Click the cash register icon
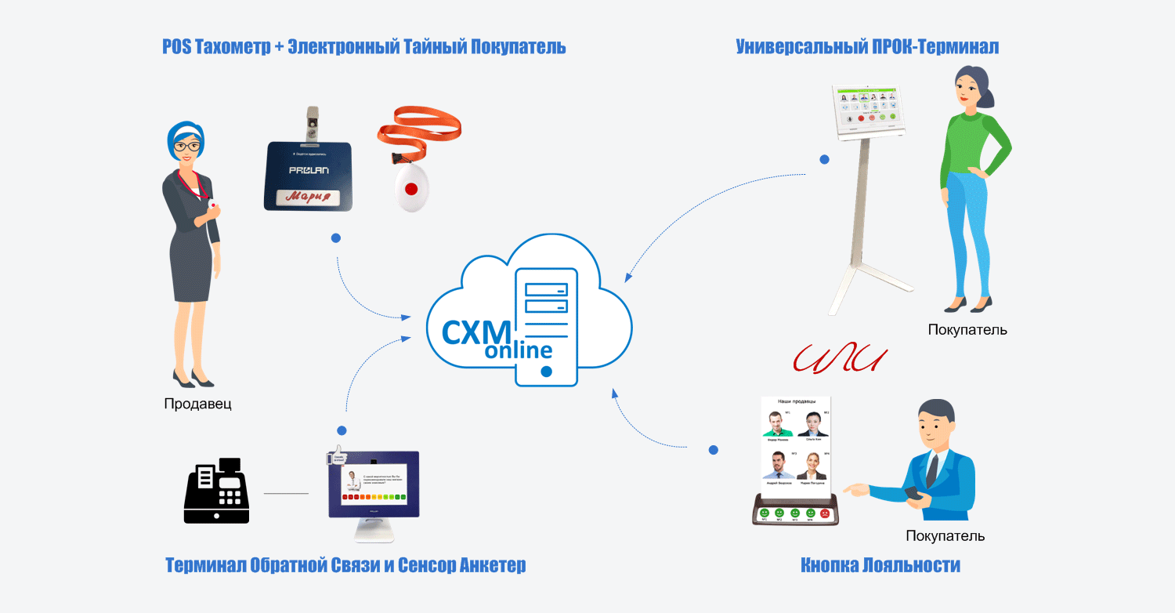[216, 491]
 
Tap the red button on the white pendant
[410, 188]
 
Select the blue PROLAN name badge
[308, 176]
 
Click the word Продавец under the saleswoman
[198, 404]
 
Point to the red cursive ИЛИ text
[839, 360]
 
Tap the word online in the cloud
[518, 350]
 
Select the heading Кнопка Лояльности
[880, 565]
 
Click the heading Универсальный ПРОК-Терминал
[867, 47]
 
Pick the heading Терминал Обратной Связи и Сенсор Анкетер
[345, 565]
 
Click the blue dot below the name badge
[335, 237]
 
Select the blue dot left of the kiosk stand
[824, 159]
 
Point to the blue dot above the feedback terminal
[342, 430]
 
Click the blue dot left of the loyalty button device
[713, 450]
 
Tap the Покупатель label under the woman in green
[967, 330]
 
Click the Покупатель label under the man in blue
[945, 536]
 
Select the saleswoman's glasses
[186, 146]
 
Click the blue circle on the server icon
[547, 371]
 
